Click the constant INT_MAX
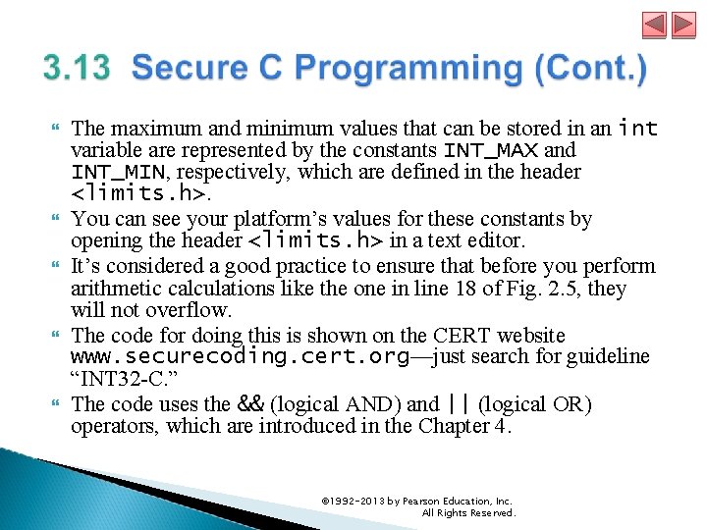click(490, 150)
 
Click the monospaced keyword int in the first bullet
click(638, 128)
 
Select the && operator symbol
click(251, 403)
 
